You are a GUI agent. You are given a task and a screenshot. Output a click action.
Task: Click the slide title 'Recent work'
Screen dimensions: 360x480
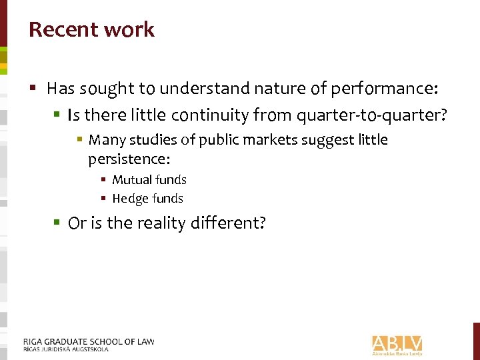coord(91,30)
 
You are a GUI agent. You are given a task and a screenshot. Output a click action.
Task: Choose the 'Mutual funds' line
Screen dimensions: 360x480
coord(149,180)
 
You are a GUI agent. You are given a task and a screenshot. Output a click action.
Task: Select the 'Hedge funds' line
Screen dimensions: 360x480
coord(147,199)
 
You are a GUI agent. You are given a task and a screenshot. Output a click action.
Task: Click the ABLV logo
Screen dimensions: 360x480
coord(397,344)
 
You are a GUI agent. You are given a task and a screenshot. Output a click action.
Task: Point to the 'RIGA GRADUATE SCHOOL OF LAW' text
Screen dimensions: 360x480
coord(89,341)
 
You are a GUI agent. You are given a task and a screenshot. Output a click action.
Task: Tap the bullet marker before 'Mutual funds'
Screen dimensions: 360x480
coord(104,180)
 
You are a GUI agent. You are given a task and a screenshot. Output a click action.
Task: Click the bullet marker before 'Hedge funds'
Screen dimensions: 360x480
coord(104,199)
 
